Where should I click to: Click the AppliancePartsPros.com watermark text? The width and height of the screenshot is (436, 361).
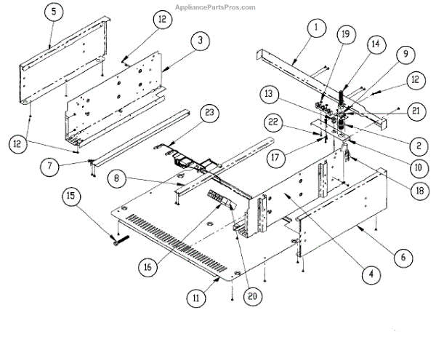click(x=216, y=7)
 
